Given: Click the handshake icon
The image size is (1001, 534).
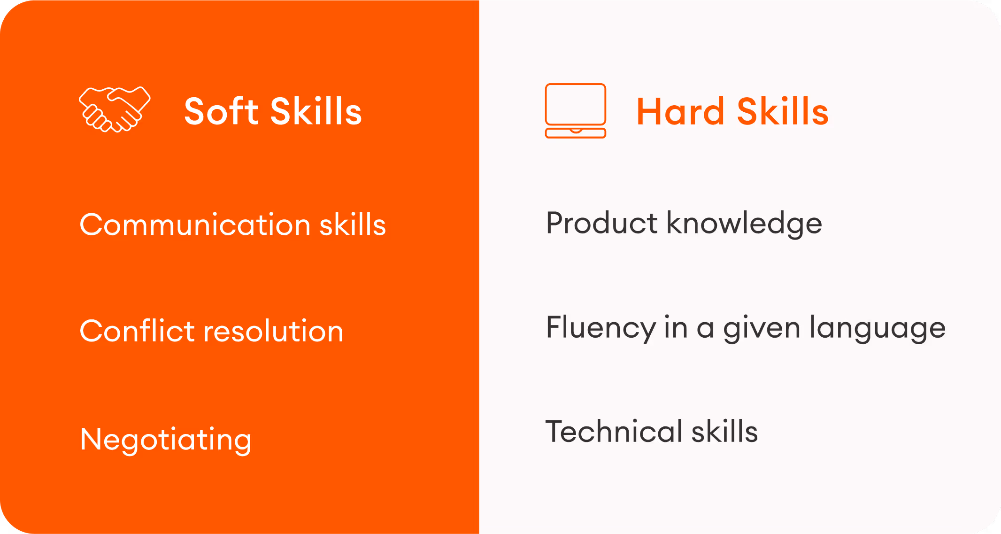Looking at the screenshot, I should [115, 109].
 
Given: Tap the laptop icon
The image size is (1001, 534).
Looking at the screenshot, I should [575, 111].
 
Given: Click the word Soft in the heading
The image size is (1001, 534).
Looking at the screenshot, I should [222, 112].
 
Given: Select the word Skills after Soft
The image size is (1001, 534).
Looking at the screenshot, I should [316, 112].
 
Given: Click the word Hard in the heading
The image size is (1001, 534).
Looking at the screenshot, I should [680, 112].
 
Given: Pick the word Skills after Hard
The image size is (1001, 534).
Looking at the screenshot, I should [783, 112].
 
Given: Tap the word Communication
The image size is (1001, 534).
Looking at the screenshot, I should [195, 224].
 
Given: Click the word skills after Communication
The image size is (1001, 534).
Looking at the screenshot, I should [353, 224].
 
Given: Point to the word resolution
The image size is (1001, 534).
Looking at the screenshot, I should [273, 331].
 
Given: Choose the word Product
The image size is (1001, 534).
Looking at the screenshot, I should [601, 223].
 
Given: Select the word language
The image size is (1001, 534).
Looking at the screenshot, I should [878, 328].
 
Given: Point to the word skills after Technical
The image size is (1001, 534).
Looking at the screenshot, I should [724, 432].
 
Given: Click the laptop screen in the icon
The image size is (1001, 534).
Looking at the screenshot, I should [575, 104].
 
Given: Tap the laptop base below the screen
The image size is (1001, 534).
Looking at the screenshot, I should [575, 133].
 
